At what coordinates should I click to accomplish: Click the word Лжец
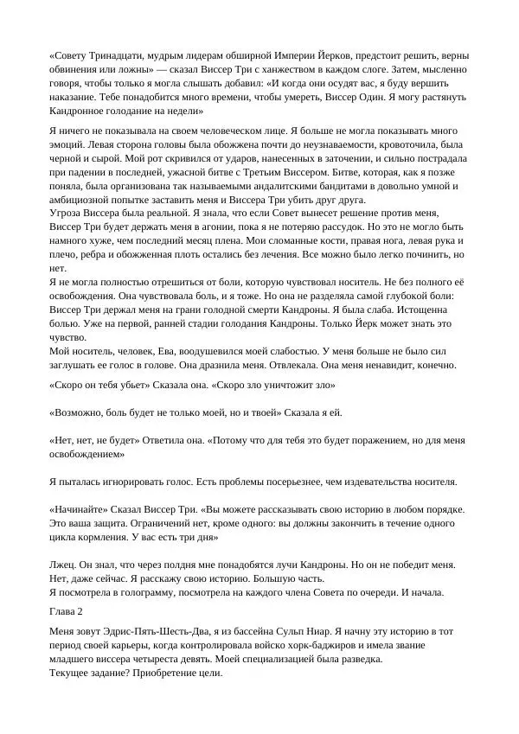(62, 565)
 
